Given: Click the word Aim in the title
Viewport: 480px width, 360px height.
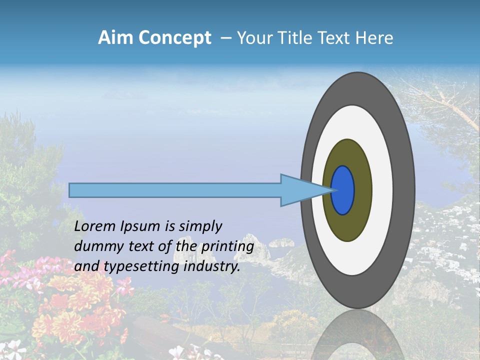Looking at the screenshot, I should (x=115, y=38).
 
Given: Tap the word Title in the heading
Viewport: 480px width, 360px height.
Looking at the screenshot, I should (x=297, y=38).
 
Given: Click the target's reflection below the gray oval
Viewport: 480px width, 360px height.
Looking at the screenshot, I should (x=357, y=335).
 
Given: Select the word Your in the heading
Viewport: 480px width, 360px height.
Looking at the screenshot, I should (x=253, y=38).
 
